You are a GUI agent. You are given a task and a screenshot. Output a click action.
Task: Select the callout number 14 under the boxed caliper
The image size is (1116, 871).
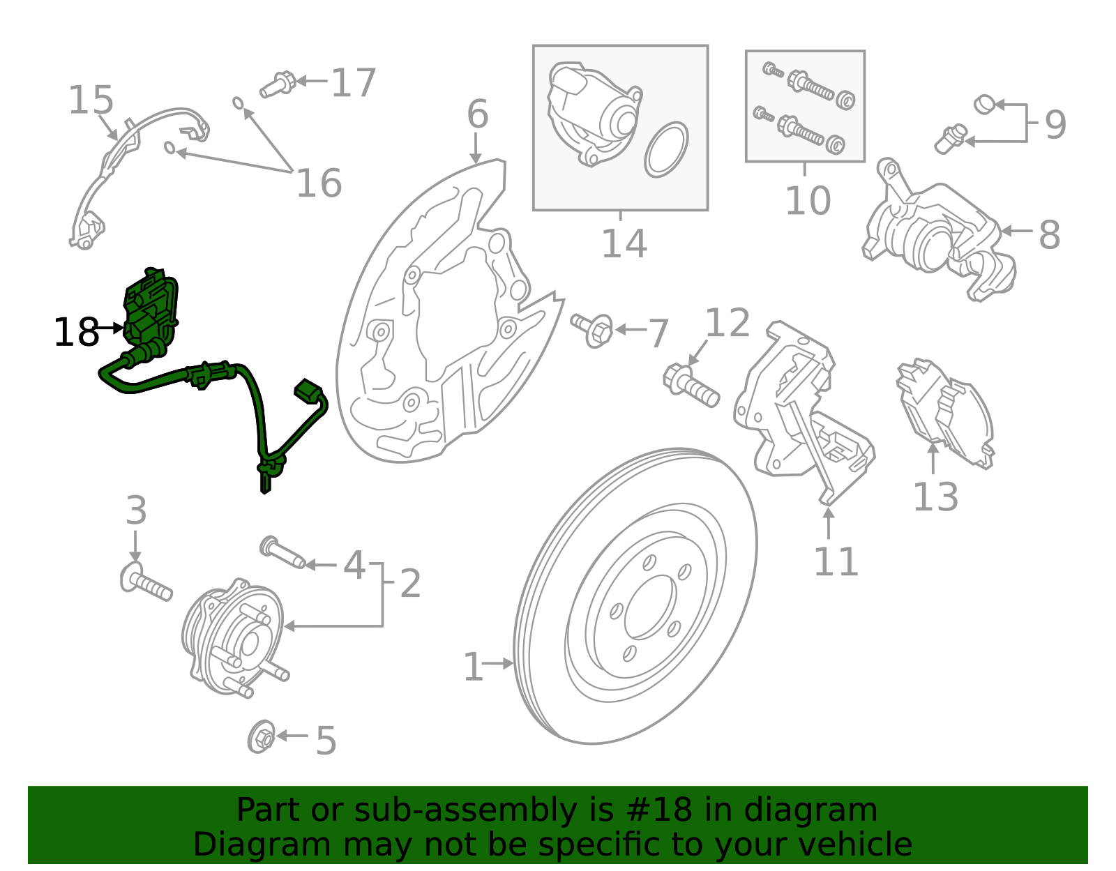(x=624, y=243)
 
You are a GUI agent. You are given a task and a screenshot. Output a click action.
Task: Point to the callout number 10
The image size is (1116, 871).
(x=808, y=201)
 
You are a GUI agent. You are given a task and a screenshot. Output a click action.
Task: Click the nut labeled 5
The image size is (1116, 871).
(x=262, y=737)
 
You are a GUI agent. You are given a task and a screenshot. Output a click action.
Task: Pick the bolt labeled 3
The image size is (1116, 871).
(x=146, y=583)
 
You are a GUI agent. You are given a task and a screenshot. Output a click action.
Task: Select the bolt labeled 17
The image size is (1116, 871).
(x=278, y=84)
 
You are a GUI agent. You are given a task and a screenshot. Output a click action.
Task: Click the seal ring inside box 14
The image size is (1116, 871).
(x=666, y=149)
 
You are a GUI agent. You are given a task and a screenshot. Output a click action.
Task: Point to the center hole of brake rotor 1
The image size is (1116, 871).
(x=650, y=607)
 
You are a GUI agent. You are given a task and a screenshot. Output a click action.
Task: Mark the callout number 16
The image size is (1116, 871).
(x=319, y=183)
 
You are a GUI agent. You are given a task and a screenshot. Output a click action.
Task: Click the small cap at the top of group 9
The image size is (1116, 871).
(x=984, y=104)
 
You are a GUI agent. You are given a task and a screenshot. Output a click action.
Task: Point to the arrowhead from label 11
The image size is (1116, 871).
(x=828, y=513)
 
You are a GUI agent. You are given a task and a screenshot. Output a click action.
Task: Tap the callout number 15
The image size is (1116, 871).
(x=91, y=100)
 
